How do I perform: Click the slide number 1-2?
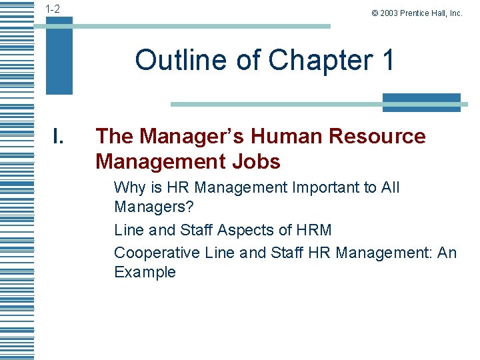52,9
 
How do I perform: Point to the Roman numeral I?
58,137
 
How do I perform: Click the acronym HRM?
313,230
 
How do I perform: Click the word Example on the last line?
145,272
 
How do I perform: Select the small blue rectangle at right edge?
421,103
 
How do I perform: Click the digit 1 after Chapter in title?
387,60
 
